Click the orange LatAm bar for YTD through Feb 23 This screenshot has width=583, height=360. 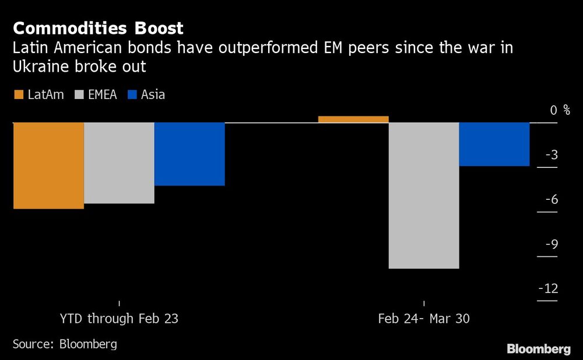48,165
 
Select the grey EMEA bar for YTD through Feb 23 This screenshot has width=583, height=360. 119,163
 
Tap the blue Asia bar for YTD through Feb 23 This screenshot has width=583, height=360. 189,154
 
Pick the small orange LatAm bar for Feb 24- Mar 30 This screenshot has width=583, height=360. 353,119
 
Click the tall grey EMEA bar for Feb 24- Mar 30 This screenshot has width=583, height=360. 424,195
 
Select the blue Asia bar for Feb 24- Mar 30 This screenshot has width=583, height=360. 494,144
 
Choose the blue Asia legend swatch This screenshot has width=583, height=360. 131,94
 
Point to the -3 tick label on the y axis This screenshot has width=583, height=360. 551,155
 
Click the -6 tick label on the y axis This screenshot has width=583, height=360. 551,200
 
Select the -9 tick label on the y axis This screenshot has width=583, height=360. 551,244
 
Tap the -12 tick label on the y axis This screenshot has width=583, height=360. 549,289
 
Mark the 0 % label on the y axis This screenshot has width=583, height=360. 560,110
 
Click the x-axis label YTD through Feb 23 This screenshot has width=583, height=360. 119,319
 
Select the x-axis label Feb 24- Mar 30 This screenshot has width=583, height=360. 424,319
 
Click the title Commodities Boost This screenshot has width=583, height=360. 98,27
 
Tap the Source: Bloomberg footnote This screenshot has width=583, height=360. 65,344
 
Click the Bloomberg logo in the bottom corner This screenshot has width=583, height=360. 538,349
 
